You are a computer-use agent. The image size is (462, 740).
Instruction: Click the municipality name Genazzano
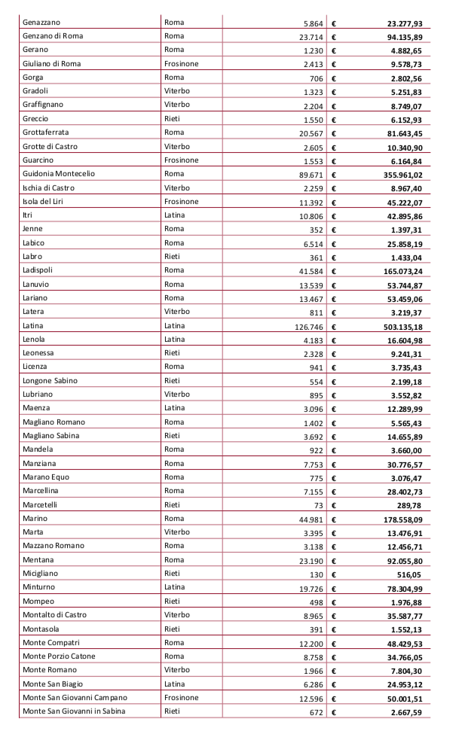44,23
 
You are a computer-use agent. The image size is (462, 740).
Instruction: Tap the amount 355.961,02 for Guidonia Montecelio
406,175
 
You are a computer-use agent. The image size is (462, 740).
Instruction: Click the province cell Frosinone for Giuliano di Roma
181,64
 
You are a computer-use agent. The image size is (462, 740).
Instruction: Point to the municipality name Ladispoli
41,270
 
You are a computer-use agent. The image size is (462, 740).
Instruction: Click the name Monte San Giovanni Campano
75,698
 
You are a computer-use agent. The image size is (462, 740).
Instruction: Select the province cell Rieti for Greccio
172,119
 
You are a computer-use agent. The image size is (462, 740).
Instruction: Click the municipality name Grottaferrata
46,132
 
